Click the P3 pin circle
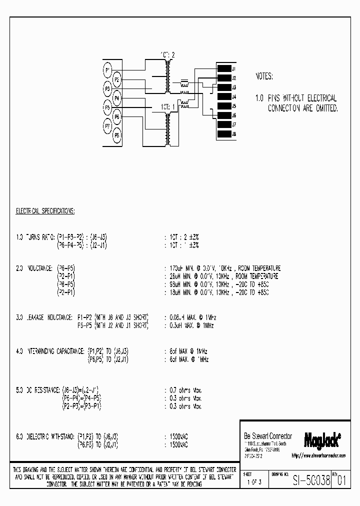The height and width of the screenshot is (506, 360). click(x=107, y=88)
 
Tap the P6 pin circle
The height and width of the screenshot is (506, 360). click(x=116, y=116)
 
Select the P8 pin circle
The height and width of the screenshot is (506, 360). click(x=116, y=135)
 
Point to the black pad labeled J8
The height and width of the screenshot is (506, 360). click(x=223, y=134)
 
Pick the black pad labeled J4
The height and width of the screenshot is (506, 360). click(x=223, y=96)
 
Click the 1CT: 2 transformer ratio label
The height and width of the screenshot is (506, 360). click(x=168, y=54)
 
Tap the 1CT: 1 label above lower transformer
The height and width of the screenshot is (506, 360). click(x=168, y=107)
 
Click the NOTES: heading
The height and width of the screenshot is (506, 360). click(x=264, y=76)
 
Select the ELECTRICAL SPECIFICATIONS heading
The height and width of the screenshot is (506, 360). click(x=45, y=211)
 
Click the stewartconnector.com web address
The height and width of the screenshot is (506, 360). click(x=318, y=455)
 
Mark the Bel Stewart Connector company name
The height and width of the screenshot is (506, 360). click(x=267, y=436)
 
